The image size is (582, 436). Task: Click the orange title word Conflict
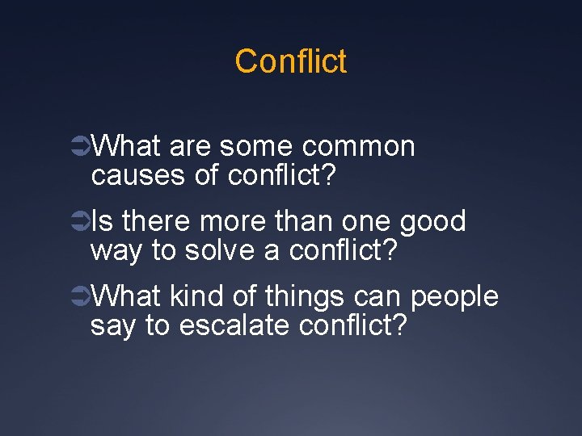pyautogui.click(x=291, y=61)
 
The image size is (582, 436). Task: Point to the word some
pyautogui.click(x=255, y=146)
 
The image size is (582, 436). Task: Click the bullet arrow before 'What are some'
pyautogui.click(x=81, y=147)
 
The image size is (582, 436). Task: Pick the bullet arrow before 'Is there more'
pyautogui.click(x=81, y=222)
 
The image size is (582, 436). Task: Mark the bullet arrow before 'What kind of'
pyautogui.click(x=81, y=297)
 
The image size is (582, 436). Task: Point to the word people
pyautogui.click(x=454, y=297)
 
